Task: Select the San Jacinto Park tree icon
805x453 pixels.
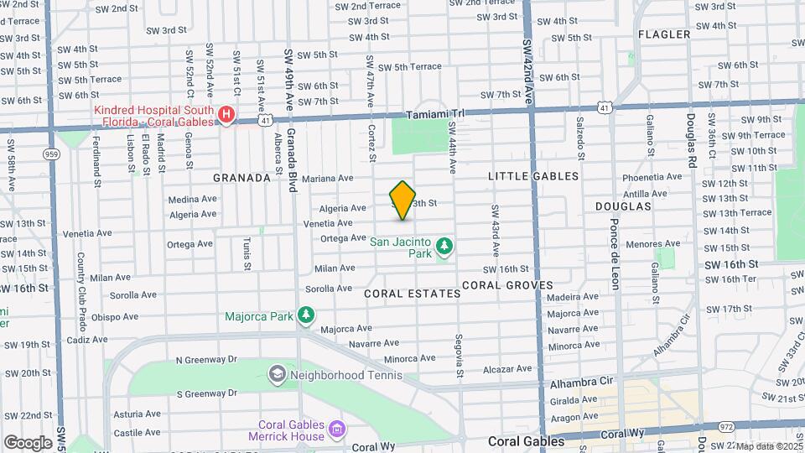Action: tap(444, 247)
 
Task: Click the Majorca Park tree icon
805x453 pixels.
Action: tap(307, 315)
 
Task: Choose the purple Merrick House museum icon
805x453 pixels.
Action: tap(337, 430)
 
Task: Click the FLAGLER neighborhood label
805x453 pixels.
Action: tap(664, 34)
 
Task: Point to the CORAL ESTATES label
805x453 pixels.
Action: tap(413, 294)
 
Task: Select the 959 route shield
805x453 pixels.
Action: tap(52, 154)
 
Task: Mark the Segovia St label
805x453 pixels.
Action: tap(460, 356)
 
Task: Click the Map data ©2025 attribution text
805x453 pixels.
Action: tap(767, 446)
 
